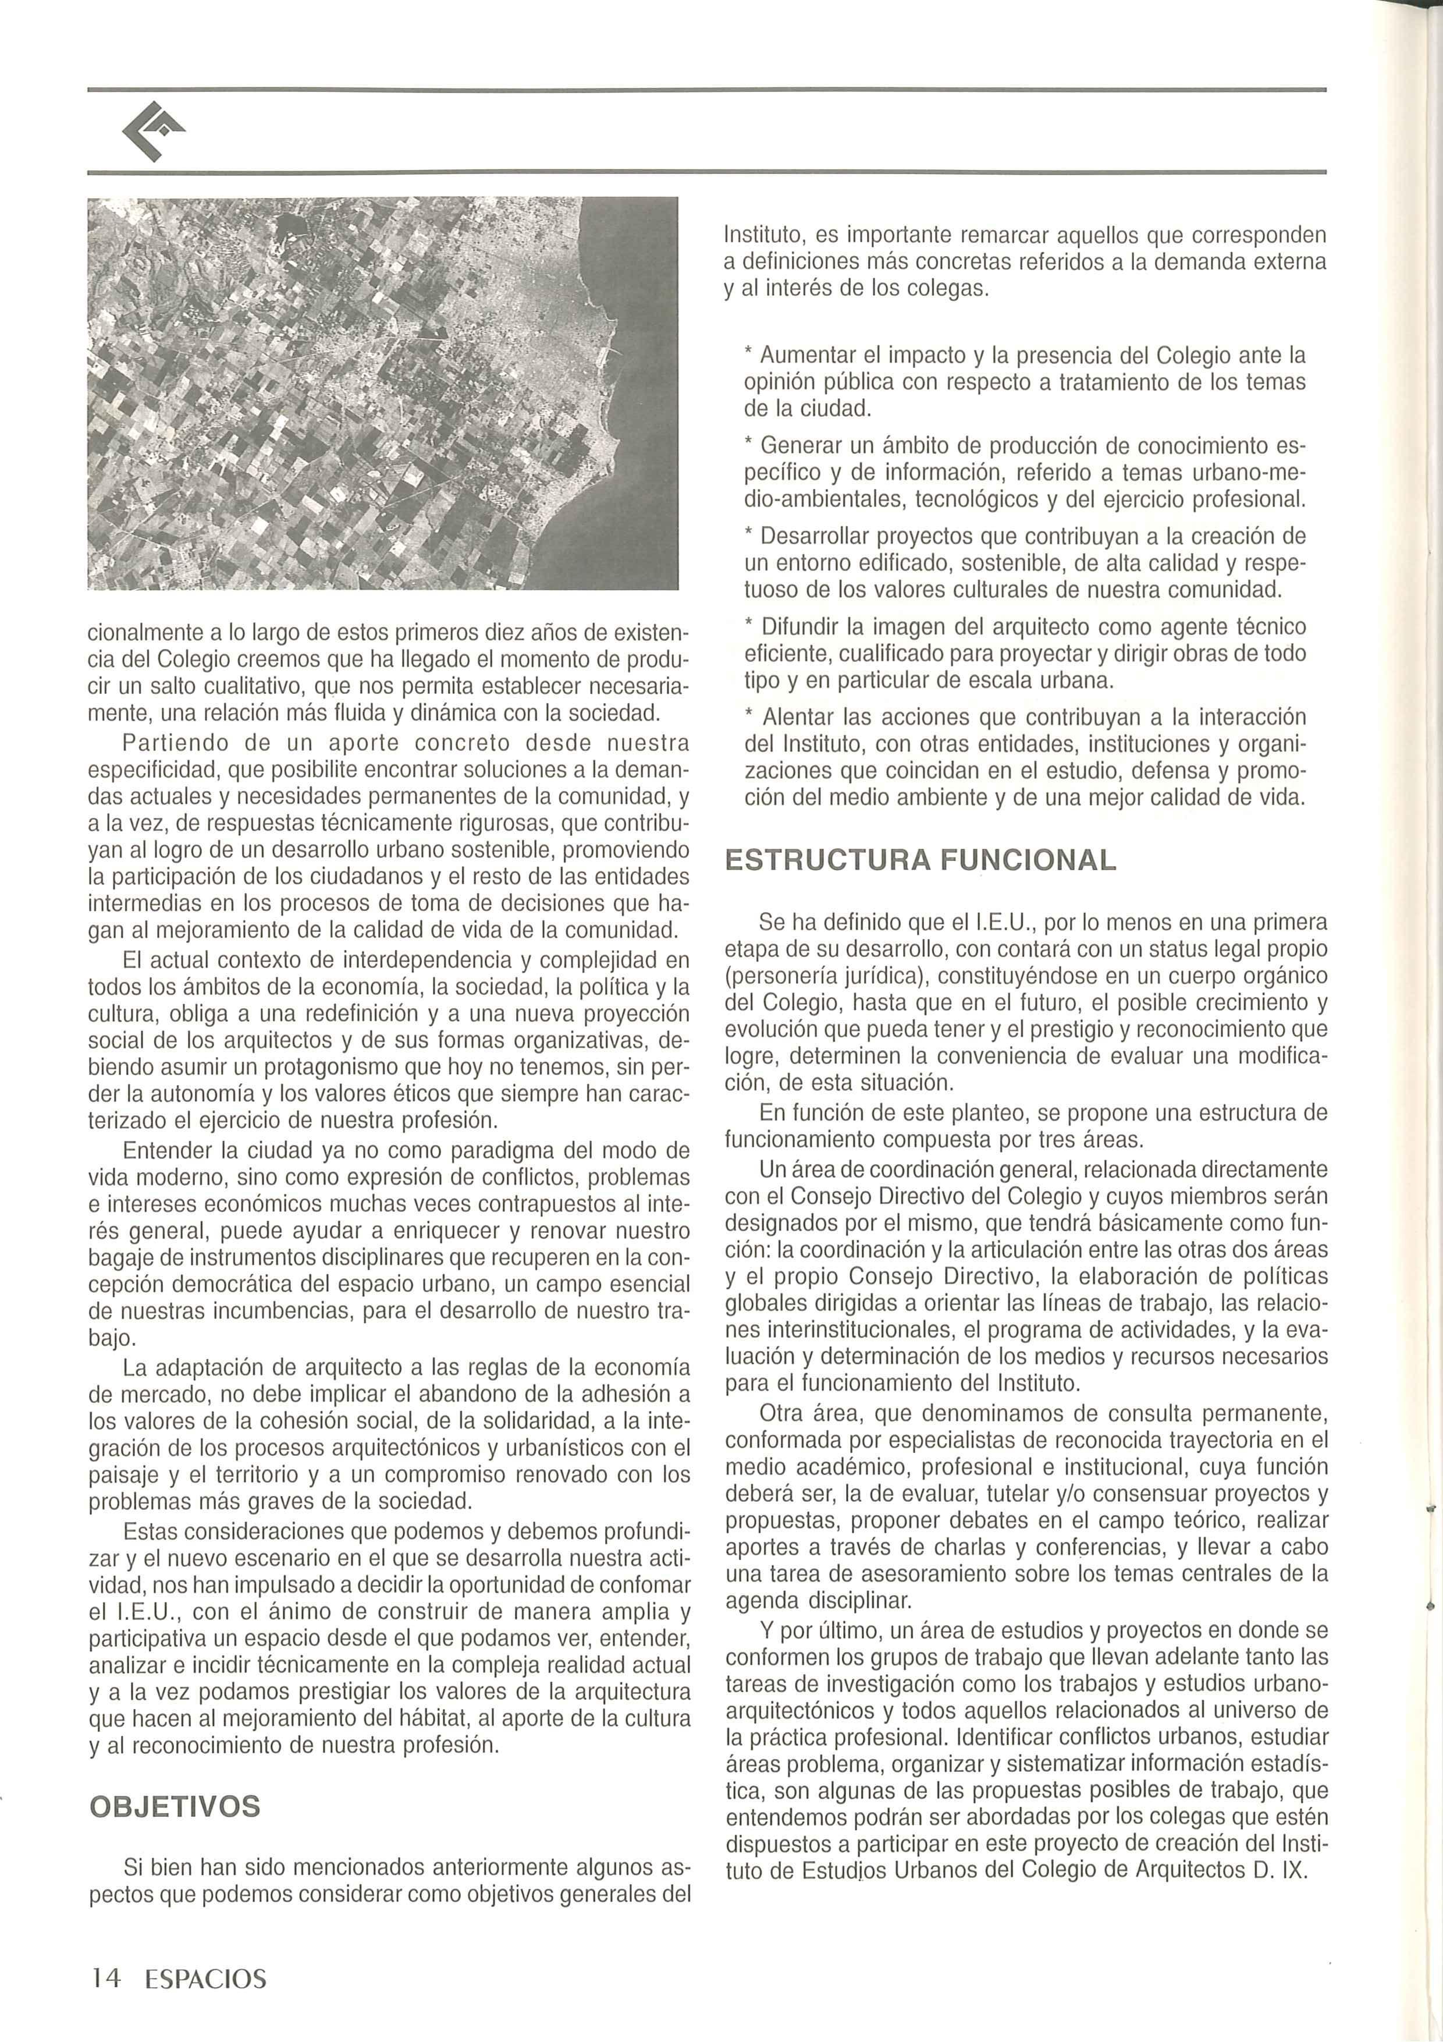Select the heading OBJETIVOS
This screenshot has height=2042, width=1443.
(x=175, y=1806)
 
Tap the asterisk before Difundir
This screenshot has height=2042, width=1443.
(x=749, y=625)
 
